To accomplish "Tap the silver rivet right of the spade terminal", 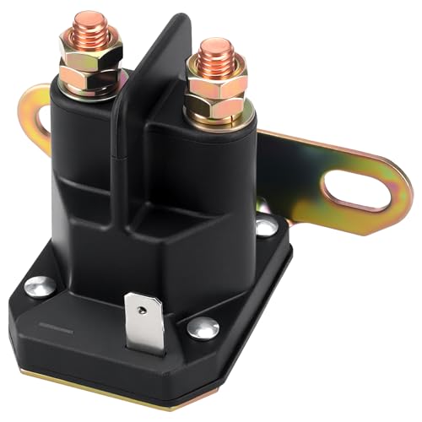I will [x=203, y=328].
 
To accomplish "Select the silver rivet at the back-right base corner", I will [x=266, y=227].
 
